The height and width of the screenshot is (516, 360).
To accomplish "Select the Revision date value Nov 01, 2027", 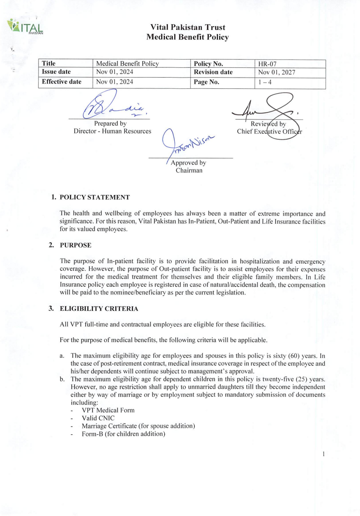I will click(x=277, y=73).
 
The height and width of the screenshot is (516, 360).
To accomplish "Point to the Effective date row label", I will click(x=61, y=82).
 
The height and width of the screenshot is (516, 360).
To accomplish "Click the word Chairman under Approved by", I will click(x=189, y=170).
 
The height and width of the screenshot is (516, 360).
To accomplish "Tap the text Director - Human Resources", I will click(x=110, y=131).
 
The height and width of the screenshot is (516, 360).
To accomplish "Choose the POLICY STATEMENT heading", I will click(x=94, y=197).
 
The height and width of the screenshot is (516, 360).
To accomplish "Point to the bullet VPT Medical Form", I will click(x=108, y=410).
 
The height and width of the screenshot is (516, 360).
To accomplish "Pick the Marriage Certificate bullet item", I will click(x=138, y=426).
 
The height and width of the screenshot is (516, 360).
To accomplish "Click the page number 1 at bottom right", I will click(x=324, y=454).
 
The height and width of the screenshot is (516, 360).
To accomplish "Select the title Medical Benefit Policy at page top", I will click(x=188, y=37).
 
